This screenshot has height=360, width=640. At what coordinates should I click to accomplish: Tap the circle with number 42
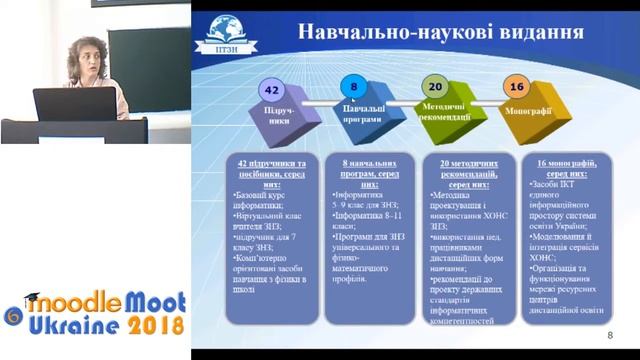click(x=269, y=88)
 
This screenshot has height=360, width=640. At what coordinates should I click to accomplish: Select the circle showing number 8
click(x=353, y=87)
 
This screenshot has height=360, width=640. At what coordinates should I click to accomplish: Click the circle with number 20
click(x=433, y=88)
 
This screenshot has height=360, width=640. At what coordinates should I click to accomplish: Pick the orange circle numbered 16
click(x=516, y=88)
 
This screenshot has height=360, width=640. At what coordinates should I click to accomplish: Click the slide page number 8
click(x=609, y=335)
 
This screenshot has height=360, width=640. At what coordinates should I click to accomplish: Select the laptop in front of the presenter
click(x=74, y=104)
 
